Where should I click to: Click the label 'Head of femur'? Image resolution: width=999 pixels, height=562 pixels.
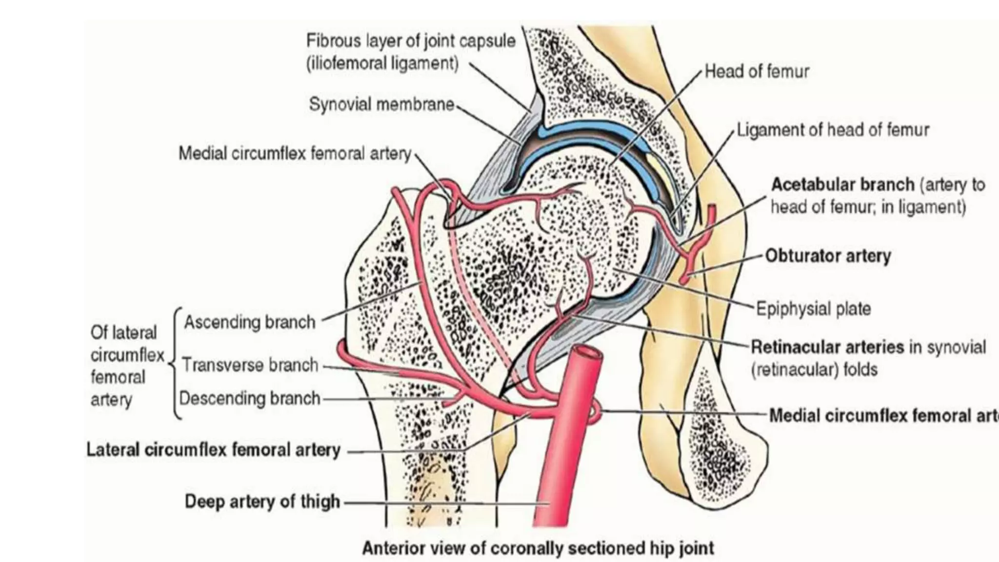(x=757, y=72)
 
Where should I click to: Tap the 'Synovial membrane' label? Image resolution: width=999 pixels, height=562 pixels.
(x=381, y=104)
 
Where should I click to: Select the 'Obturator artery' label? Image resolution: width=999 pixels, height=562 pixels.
(x=828, y=256)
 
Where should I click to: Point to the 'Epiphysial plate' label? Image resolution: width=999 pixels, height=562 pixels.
(x=813, y=308)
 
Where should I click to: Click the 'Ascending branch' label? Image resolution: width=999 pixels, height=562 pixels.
(x=249, y=322)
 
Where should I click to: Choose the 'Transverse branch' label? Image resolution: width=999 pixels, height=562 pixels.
(x=250, y=365)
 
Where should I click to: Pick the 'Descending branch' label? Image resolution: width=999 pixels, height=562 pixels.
(x=249, y=398)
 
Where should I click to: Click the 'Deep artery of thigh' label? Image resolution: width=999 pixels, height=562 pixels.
(x=262, y=502)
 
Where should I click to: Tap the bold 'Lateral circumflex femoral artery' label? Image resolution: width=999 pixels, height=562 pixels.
(x=213, y=449)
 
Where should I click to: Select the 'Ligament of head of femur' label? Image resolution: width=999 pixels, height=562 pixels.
(x=833, y=130)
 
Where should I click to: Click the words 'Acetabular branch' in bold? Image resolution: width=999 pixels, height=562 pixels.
(x=842, y=184)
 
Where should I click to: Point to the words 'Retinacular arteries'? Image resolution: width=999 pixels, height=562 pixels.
(x=827, y=347)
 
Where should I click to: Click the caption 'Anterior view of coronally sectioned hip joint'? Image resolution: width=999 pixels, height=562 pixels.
(x=538, y=548)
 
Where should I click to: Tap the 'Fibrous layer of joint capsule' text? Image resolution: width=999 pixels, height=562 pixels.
(x=411, y=40)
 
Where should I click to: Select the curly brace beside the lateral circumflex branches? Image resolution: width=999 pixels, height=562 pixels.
(x=177, y=363)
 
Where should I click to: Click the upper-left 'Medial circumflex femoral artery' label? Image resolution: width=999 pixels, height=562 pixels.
(x=295, y=153)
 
